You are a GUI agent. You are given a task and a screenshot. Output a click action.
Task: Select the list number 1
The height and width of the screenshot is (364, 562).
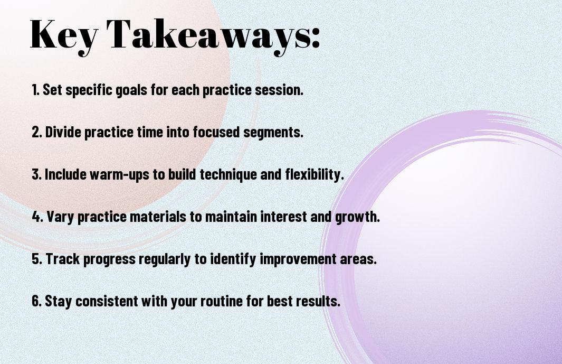[35, 90]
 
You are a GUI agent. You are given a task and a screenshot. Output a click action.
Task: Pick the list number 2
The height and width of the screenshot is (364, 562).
[36, 132]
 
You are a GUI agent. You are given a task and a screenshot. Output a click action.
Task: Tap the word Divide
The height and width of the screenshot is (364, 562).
[63, 132]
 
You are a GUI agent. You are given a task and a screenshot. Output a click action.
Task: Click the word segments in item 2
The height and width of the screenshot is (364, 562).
[273, 133]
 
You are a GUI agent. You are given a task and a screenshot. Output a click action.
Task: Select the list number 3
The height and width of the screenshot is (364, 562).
[36, 174]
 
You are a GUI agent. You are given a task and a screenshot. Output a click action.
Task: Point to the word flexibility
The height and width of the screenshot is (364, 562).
[315, 175]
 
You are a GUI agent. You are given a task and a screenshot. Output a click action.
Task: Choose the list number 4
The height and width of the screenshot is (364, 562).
[37, 217]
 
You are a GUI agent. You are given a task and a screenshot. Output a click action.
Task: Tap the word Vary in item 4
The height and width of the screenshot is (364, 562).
[60, 217]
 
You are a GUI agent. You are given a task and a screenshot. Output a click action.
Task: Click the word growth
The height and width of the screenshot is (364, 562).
[357, 217]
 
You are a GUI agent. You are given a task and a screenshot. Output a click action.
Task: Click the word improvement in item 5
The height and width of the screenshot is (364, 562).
[298, 259]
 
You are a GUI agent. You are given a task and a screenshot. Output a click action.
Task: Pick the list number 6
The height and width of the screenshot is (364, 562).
[37, 301]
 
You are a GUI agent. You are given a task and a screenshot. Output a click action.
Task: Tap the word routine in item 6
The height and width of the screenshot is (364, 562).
[222, 301]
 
